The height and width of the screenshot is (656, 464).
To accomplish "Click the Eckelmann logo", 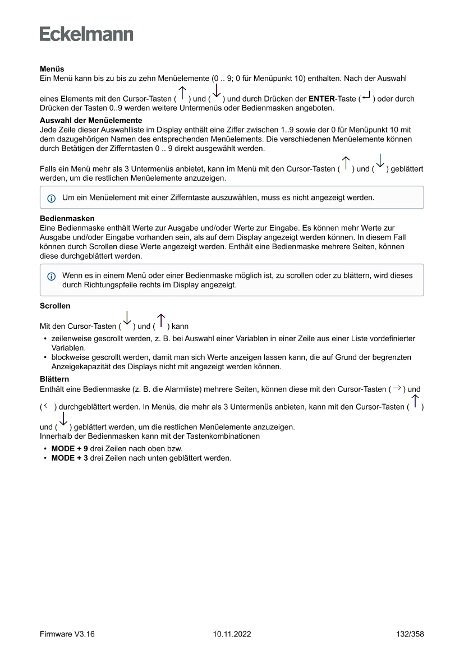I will point(86,34).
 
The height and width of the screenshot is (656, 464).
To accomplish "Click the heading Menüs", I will point(52,69).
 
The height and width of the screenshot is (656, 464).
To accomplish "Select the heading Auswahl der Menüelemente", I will point(90,120).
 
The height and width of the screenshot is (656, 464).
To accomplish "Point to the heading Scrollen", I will point(55,306).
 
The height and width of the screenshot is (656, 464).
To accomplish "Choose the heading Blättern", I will point(54,380).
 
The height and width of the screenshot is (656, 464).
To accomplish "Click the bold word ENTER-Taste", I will point(332,99).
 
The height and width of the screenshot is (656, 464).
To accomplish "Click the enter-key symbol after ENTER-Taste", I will point(366,98).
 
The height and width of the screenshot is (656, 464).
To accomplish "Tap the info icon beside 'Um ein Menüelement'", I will point(52,198).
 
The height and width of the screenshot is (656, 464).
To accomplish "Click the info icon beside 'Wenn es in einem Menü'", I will point(52,276).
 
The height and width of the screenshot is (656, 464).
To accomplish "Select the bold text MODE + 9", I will point(70,449).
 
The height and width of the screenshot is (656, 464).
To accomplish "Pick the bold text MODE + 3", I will point(70,458).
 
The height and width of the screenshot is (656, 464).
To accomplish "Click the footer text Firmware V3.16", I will point(67,634).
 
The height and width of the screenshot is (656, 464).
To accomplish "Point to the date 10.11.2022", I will point(232,634).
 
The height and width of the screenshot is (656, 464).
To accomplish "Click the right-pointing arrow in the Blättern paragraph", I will point(397,388).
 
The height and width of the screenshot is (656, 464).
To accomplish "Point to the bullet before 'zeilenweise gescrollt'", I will point(45,339).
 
